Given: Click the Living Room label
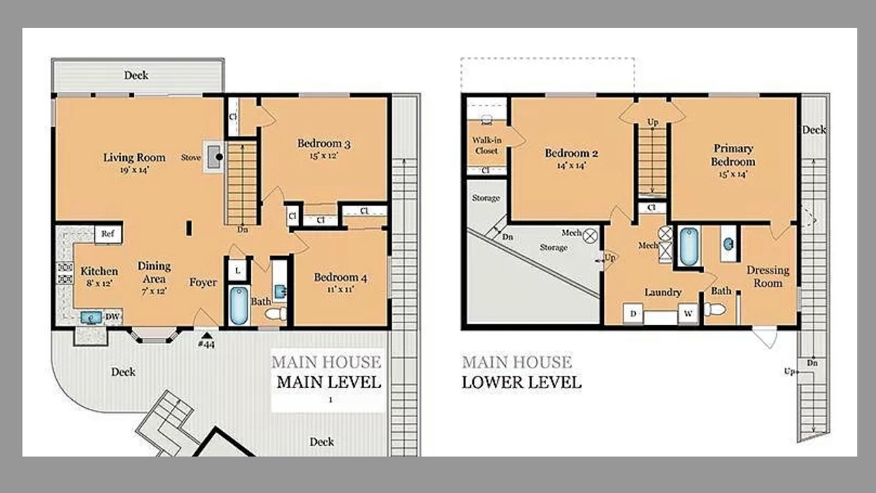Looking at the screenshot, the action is tap(134, 157).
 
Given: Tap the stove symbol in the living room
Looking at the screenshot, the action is tap(214, 157).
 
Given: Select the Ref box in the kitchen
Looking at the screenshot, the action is tap(108, 234).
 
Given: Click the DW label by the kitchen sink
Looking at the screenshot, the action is tap(112, 316).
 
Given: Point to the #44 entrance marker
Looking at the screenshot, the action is tap(207, 341).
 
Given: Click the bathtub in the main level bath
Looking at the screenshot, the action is tap(239, 305).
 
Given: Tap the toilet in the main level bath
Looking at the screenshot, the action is tap(276, 314).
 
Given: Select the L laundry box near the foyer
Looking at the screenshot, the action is tap(237, 270).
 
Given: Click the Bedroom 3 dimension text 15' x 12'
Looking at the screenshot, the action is tap(324, 155).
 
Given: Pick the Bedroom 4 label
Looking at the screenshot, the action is tap(340, 277).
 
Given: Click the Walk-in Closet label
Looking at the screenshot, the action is tap(487, 145).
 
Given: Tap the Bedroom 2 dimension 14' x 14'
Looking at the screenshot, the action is tap(571, 166).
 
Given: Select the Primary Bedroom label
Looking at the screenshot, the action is tap(733, 155).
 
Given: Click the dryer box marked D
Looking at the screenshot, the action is tap(633, 314).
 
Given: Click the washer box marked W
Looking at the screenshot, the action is tap(688, 314).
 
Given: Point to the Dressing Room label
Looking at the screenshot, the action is tap(768, 276).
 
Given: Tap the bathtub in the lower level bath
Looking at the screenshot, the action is tap(688, 247).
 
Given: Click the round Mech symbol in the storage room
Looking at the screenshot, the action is tap(590, 236).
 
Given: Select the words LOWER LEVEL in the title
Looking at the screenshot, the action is tap(521, 382).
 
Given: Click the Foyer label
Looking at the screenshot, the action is tap(203, 283).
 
